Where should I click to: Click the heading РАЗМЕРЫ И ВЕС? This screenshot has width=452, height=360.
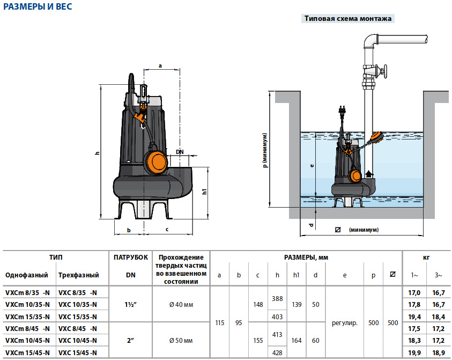pyautogui.click(x=38, y=7)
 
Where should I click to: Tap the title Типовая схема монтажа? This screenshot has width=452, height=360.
pyautogui.click(x=348, y=18)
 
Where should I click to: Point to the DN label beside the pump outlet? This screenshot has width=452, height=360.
pyautogui.click(x=180, y=152)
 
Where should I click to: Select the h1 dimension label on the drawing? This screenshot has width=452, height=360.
pyautogui.click(x=204, y=192)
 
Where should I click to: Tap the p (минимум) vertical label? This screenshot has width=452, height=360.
pyautogui.click(x=265, y=151)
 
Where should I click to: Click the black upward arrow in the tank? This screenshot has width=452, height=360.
pyautogui.click(x=369, y=174)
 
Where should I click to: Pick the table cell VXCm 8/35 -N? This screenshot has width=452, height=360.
pyautogui.click(x=27, y=292)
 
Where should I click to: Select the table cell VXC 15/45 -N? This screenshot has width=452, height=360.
pyautogui.click(x=77, y=352)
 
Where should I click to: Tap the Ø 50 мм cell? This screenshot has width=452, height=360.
pyautogui.click(x=181, y=340)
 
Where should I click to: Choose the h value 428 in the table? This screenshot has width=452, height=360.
pyautogui.click(x=277, y=352)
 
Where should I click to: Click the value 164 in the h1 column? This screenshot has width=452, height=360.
pyautogui.click(x=297, y=340)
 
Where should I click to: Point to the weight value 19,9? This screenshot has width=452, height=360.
pyautogui.click(x=414, y=352)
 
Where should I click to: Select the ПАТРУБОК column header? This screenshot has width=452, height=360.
pyautogui.click(x=131, y=258)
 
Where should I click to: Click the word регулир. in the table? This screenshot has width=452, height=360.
pyautogui.click(x=344, y=322)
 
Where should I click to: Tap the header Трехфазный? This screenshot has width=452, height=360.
pyautogui.click(x=78, y=275)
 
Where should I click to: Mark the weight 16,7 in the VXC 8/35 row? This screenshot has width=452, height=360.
pyautogui.click(x=439, y=292)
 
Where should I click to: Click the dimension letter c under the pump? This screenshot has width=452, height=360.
pyautogui.click(x=167, y=230)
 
